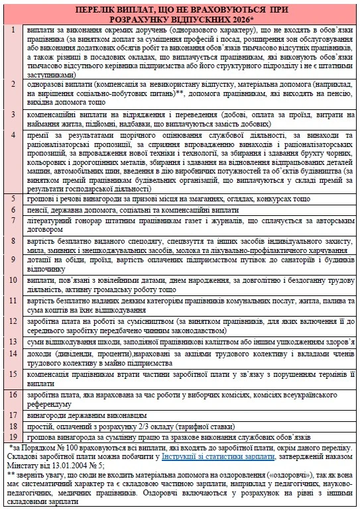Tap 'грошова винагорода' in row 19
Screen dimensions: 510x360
pyautogui.click(x=54, y=438)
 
